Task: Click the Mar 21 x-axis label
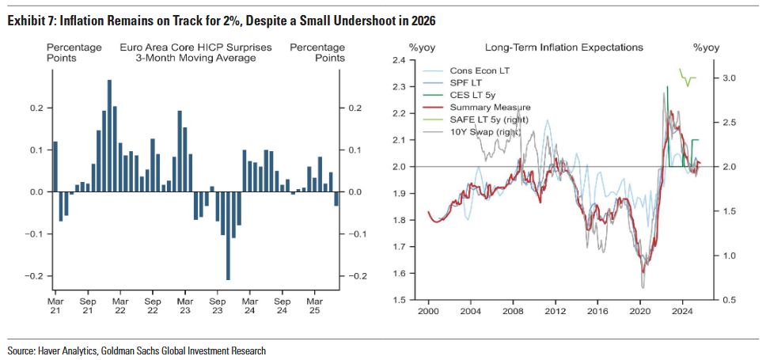pos(55,307)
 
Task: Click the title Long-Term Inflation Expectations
pos(563,47)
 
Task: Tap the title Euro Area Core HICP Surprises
pos(195,47)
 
